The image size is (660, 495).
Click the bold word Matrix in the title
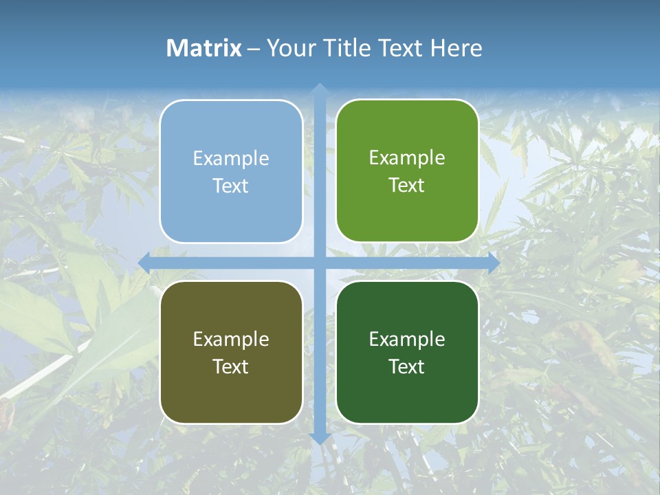[204, 48]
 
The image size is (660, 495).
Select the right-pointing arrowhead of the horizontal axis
[493, 263]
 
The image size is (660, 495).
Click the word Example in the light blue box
[231, 159]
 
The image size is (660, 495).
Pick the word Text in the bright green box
[407, 186]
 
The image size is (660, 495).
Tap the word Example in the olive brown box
[231, 339]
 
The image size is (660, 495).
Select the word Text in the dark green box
[407, 366]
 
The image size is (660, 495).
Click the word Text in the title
[403, 48]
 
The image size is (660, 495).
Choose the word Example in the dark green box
[407, 339]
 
